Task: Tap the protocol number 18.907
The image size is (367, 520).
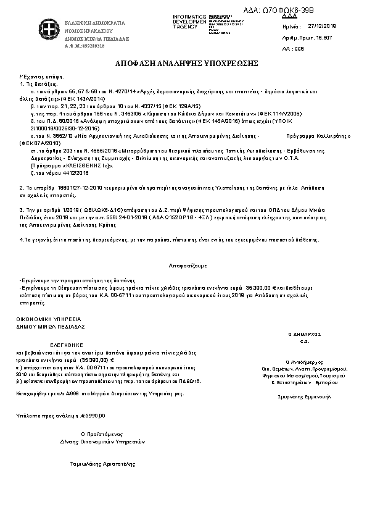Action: point(330,38)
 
